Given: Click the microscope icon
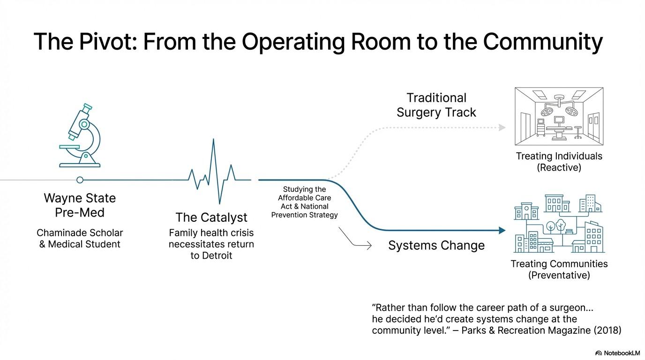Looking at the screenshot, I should pos(81,136).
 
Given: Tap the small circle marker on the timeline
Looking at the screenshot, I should pos(80,180).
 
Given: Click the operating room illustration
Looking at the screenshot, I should pos(559,116).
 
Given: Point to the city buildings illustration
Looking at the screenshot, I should pos(559,224).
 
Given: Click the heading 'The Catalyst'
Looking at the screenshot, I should pos(211,217).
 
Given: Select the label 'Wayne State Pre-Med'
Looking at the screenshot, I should pos(80,205).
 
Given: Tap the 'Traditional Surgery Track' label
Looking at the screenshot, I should pos(436,105).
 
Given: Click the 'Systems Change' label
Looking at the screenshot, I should pos(436,246).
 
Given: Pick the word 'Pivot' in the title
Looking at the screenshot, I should pos(102,42).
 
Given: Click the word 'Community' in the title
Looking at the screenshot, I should pos(542,42).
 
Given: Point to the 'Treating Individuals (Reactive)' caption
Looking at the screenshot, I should pos(559,162).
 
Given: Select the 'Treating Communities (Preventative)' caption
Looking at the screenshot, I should pos(559,270).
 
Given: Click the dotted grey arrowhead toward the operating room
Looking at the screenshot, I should pos(502,127).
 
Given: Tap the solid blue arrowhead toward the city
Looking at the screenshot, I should pos(502,231).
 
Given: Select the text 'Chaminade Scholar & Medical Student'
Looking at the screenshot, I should pos(80,238).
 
